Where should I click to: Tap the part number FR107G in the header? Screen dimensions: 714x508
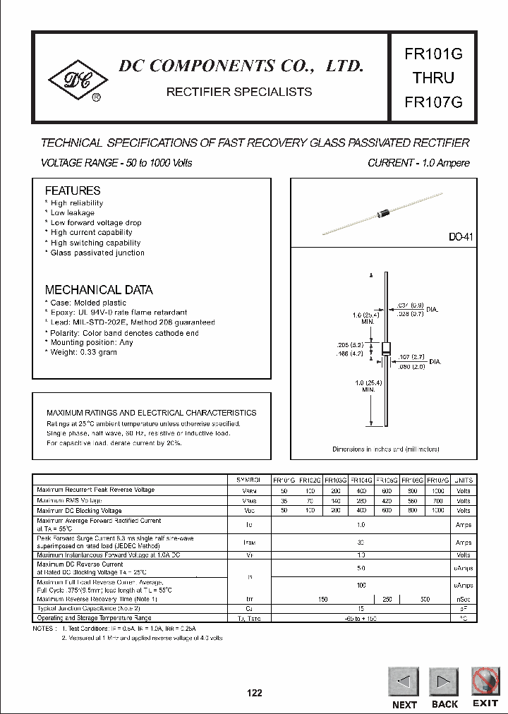click(433, 102)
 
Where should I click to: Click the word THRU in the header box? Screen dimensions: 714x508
click(433, 78)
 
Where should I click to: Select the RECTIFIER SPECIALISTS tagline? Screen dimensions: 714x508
click(238, 92)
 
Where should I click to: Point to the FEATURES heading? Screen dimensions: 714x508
click(73, 190)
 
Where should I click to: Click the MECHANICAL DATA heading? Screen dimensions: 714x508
click(99, 290)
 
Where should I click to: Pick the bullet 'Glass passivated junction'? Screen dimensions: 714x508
click(97, 253)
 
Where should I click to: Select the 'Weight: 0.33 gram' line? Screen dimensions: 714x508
click(83, 352)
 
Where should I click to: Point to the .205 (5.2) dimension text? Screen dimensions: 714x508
click(349, 346)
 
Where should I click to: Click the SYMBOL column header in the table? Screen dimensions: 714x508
click(253, 480)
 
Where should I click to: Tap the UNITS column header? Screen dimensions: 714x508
click(464, 480)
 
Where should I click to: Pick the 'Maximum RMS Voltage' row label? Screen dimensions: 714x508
click(70, 500)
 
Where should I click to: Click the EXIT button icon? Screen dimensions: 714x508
click(485, 682)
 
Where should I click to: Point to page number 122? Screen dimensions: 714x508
click(254, 693)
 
